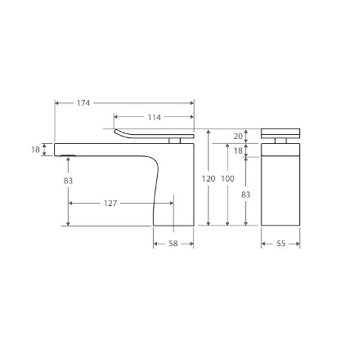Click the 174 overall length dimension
pos(83,103)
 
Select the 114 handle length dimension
pos(154,118)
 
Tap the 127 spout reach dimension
pos(110,203)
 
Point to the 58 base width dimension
pos(173,244)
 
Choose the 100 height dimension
pos(228,179)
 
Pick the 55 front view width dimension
pos(280,244)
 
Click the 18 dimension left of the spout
pos(35,149)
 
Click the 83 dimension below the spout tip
pos(68,180)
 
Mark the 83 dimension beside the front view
pos(246,194)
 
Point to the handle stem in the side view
pos(175,140)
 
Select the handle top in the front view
pos(280,133)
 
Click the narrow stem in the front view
pos(280,140)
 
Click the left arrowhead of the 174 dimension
pos(57,103)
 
